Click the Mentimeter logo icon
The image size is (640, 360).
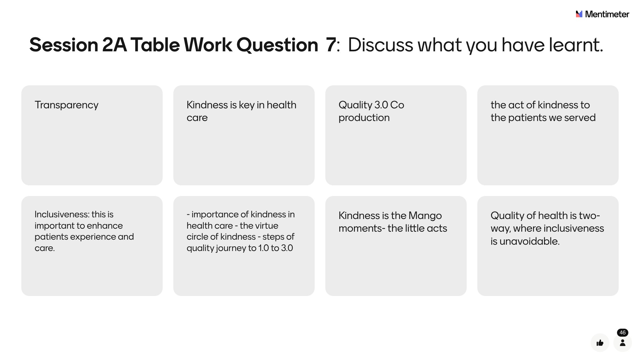[579, 14]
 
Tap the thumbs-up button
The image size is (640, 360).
[600, 343]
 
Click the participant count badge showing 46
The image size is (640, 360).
[622, 333]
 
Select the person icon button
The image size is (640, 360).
[622, 343]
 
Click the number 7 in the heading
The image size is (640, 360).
[331, 45]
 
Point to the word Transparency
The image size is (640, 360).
[67, 105]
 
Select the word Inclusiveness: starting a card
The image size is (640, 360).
[62, 214]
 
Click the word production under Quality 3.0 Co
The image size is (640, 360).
[364, 118]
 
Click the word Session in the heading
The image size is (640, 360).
[64, 45]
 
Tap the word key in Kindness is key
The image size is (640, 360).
[247, 105]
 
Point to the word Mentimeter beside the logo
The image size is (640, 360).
[607, 14]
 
